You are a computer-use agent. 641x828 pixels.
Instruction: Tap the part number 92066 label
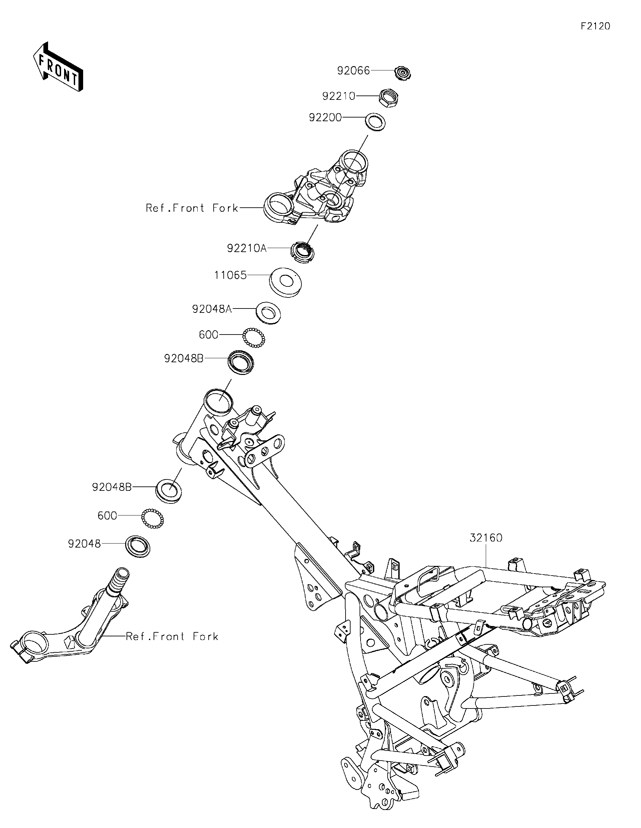(353, 70)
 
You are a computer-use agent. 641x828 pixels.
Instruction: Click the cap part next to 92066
(403, 72)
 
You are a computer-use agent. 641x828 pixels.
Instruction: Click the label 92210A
(247, 248)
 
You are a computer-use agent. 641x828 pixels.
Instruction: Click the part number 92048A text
(212, 308)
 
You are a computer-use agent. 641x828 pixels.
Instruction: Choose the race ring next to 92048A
(268, 313)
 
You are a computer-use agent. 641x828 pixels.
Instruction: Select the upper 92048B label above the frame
(184, 358)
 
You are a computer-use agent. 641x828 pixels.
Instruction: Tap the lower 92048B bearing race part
(169, 491)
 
